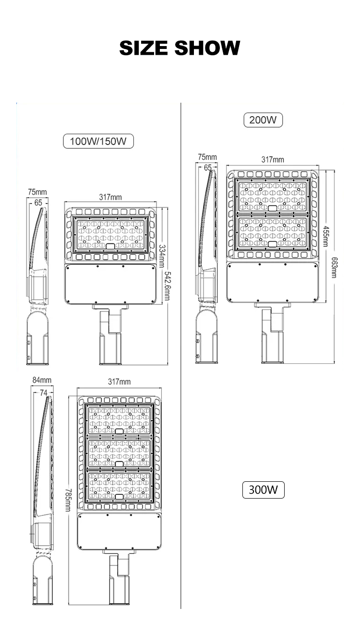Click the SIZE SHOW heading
coord(180,48)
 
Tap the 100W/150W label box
coord(98,141)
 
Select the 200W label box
coord(263,120)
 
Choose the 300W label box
coord(264,490)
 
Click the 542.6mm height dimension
coord(167,286)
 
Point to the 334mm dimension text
coord(162,256)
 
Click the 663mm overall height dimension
coord(335,267)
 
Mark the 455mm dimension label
coord(326,237)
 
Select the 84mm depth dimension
coord(42,380)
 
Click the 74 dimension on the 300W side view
coord(44,393)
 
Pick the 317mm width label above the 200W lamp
coord(273,159)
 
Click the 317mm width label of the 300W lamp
coord(120,382)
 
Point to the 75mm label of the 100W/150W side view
coord(37,192)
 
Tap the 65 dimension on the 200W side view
coord(208,167)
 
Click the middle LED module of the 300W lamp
coord(119,453)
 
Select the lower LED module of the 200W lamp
coord(272,232)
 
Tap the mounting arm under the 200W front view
coord(273,333)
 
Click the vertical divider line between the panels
coord(181,360)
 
